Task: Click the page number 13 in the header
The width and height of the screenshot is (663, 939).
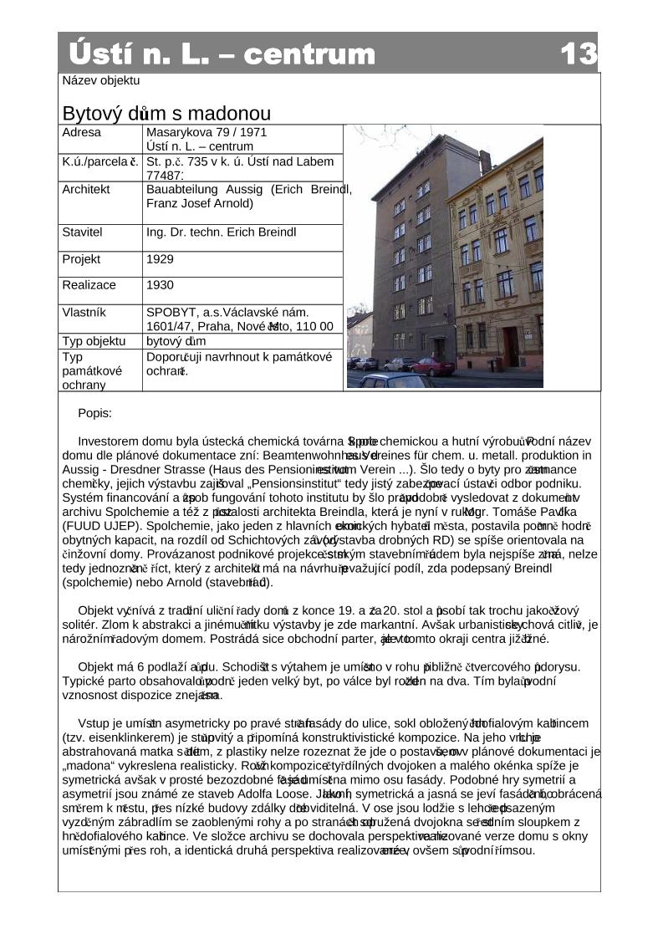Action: pos(579,54)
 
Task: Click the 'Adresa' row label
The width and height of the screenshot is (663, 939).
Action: pos(82,132)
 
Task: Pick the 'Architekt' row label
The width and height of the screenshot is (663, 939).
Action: pos(86,189)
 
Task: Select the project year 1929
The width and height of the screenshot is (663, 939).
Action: pos(160,259)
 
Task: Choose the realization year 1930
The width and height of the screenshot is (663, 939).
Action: pos(160,285)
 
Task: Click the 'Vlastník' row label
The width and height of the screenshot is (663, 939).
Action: pos(84,312)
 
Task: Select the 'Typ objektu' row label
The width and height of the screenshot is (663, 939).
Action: pos(94,341)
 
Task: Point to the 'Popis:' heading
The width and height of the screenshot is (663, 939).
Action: pos(94,413)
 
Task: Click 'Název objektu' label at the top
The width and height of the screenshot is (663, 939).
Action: pos(101,81)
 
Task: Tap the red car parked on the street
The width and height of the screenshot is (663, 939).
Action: pos(432,366)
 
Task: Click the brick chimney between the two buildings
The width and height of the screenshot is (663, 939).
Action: pos(485,162)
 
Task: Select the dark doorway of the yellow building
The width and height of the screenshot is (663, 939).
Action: pos(510,347)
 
